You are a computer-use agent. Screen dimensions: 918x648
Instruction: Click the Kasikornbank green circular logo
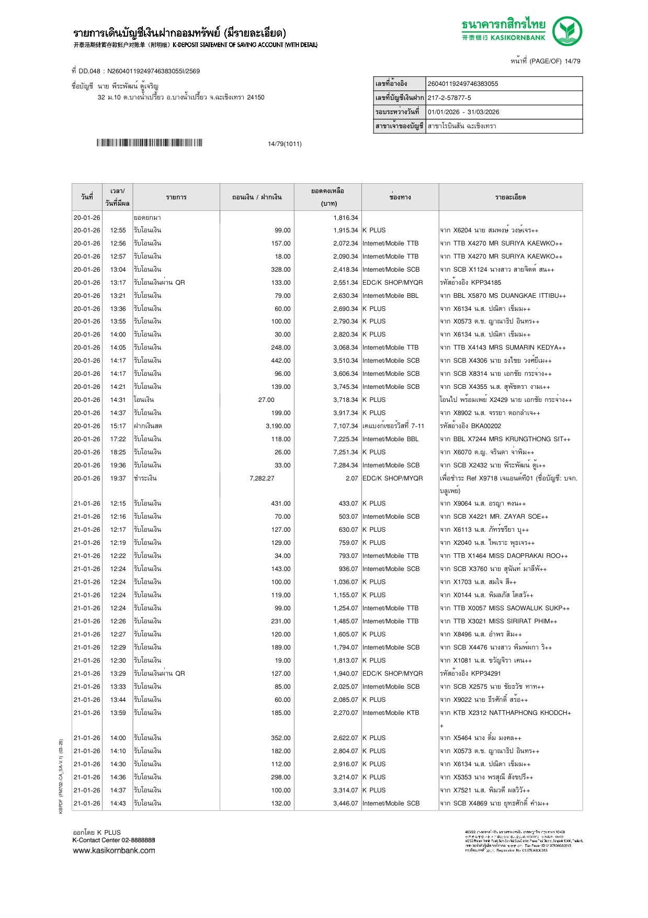point(567,31)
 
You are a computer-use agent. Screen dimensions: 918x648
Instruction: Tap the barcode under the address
point(149,143)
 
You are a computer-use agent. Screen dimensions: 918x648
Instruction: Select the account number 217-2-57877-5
point(449,98)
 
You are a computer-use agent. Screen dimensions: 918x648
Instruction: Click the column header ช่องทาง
point(400,197)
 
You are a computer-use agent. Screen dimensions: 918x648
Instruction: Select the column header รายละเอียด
point(510,197)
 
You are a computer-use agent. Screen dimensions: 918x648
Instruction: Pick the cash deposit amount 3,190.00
point(278,426)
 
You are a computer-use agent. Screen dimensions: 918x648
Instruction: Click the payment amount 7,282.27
point(262,478)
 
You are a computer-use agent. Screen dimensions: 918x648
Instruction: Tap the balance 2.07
point(351,478)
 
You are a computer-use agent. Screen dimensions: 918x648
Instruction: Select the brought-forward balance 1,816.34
point(345,218)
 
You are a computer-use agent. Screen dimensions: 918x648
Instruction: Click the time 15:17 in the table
point(118,426)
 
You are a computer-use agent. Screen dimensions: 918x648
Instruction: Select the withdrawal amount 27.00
point(266,400)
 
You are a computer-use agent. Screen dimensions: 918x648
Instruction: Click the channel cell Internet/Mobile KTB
point(391,713)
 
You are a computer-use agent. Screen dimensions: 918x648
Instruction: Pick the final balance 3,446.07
point(345,803)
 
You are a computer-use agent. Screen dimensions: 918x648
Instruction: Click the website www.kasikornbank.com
point(114,850)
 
